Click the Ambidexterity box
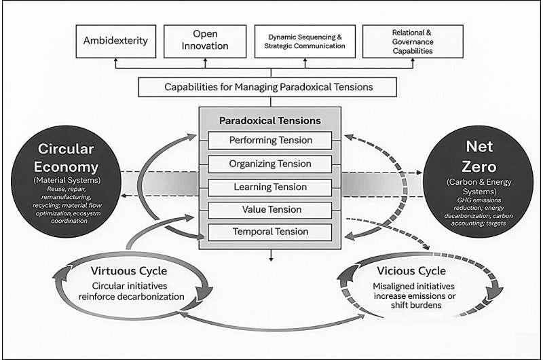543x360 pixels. pyautogui.click(x=115, y=41)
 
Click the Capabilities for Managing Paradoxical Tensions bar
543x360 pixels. pyautogui.click(x=269, y=87)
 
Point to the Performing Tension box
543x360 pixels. pyautogui.click(x=269, y=141)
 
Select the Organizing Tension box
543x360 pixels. pyautogui.click(x=269, y=164)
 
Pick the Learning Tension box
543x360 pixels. pyautogui.click(x=269, y=187)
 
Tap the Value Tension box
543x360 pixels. pyautogui.click(x=269, y=210)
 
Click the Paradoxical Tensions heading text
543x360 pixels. pyautogui.click(x=269, y=121)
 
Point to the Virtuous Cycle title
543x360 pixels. pyautogui.click(x=125, y=272)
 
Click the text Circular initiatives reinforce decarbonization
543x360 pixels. pyautogui.click(x=129, y=291)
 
